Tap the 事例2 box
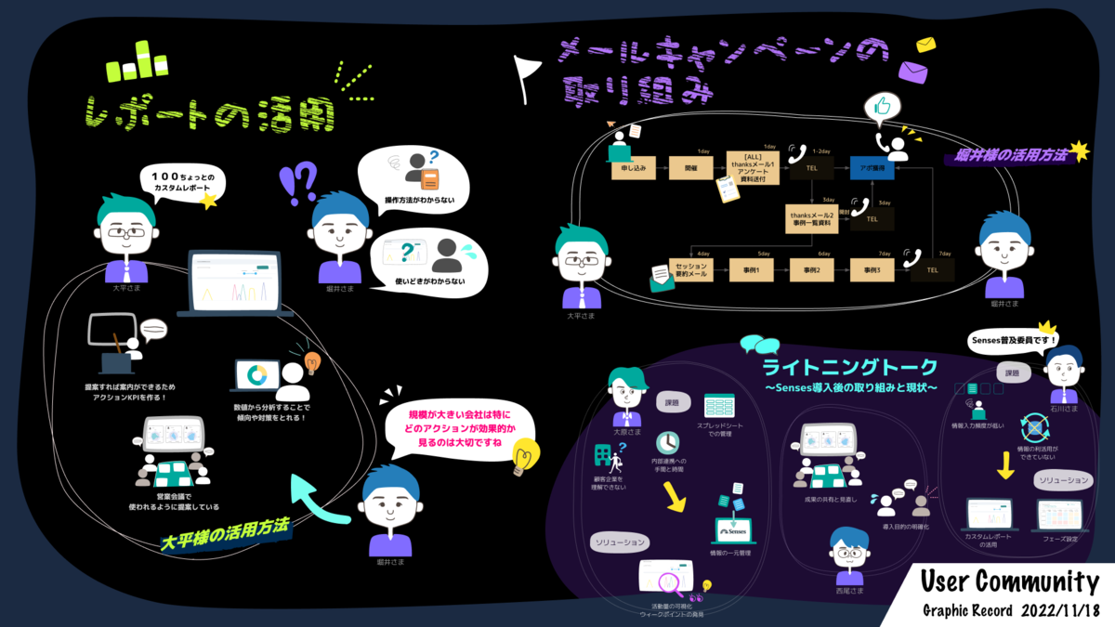point(811,270)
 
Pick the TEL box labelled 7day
point(932,270)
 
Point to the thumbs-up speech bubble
point(883,109)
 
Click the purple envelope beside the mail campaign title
point(913,72)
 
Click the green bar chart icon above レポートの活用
point(137,62)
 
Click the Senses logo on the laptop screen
point(733,532)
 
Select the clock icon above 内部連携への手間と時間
point(667,442)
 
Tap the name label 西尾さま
point(849,591)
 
